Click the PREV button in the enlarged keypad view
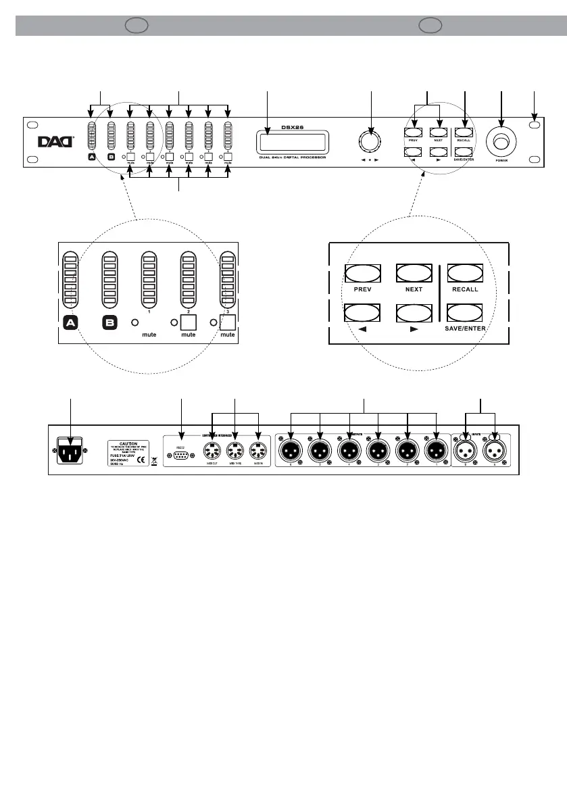[x=364, y=272]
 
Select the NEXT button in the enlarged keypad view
[x=414, y=272]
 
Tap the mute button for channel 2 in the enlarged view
[x=188, y=322]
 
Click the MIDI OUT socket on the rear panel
[x=212, y=449]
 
